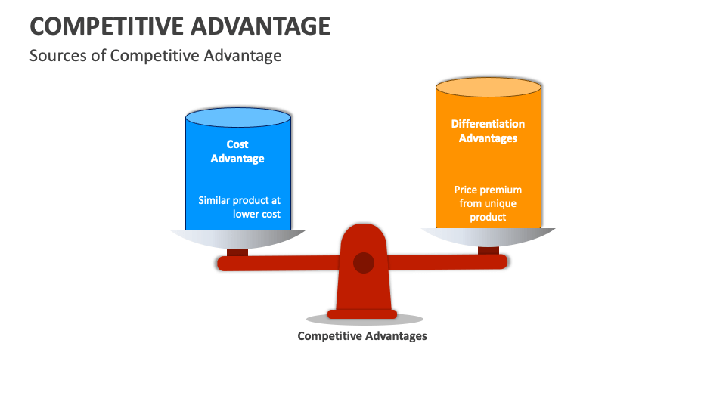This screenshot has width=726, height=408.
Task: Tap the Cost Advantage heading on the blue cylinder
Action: tap(237, 151)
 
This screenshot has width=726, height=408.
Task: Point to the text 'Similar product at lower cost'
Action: tap(239, 207)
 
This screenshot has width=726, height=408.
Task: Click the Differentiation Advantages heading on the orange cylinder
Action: tap(488, 131)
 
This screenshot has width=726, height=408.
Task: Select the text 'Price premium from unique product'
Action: tap(488, 203)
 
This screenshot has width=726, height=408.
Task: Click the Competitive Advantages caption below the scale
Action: tap(362, 335)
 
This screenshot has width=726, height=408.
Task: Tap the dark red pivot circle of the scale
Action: tap(364, 263)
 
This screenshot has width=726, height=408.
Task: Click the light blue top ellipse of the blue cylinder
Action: tap(238, 117)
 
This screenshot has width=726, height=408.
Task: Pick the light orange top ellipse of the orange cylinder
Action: tap(489, 87)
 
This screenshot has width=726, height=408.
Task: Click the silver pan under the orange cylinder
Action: tap(489, 236)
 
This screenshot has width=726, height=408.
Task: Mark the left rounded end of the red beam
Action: tap(222, 264)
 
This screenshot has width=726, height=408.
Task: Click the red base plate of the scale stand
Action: tap(362, 314)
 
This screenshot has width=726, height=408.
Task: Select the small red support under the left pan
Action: tap(237, 252)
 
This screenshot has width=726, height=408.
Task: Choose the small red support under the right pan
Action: tap(489, 250)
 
